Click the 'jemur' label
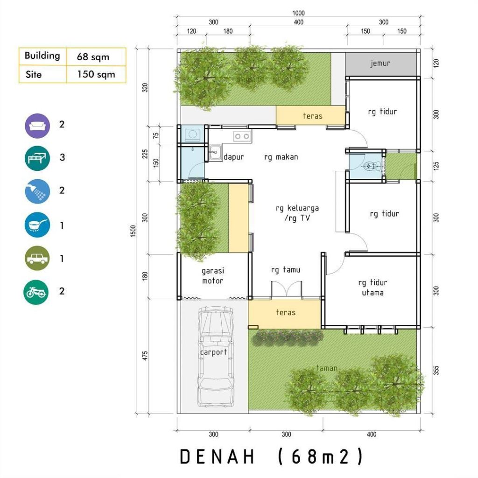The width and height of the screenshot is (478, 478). tap(380, 63)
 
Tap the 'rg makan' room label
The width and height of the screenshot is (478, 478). tap(281, 157)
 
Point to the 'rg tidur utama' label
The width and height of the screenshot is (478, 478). tap(373, 288)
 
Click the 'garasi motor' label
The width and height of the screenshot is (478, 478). tap(212, 275)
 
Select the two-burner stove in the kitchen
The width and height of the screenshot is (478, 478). tap(241, 136)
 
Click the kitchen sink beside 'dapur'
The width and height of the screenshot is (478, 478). tap(215, 152)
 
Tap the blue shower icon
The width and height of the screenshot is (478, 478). tap(37, 191)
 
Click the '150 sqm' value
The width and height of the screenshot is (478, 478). tap(96, 75)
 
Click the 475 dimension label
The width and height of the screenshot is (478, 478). tap(145, 356)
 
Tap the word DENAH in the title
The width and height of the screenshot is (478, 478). tap(217, 457)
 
